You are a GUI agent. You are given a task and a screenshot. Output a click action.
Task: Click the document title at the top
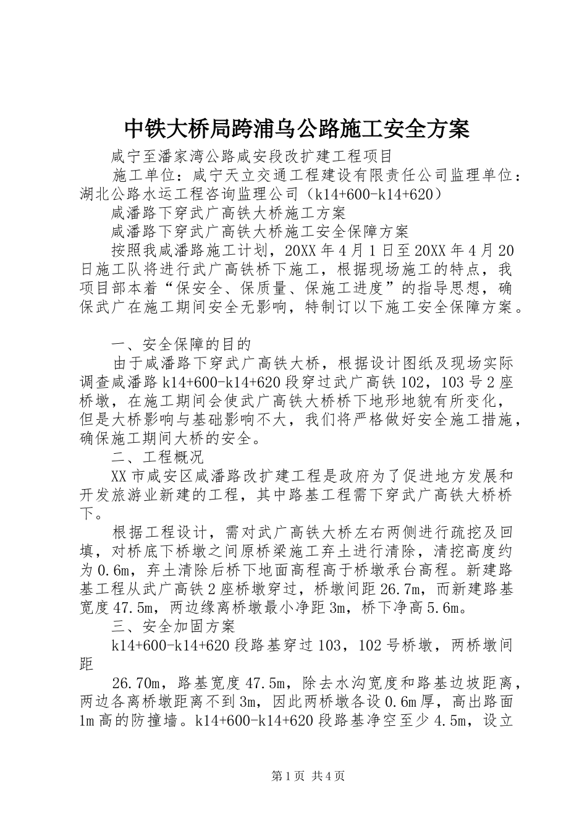297,129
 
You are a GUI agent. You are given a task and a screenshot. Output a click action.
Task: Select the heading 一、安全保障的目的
182,344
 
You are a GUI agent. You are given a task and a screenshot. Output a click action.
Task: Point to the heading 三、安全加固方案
174,627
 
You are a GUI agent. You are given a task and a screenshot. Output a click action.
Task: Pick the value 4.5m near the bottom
455,721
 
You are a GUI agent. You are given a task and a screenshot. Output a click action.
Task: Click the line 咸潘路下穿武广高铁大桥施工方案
229,213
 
